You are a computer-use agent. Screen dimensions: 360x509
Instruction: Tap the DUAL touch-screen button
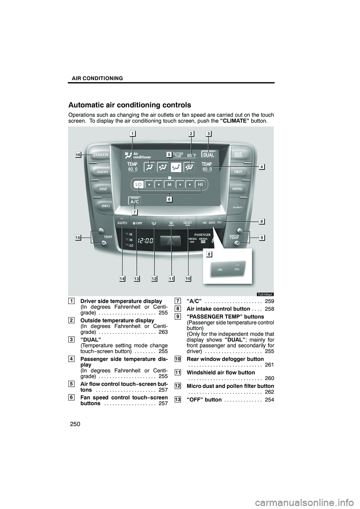tap(208, 155)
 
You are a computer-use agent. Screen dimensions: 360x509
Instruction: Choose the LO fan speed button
tap(139, 184)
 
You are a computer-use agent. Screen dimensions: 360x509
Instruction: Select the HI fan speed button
tap(200, 184)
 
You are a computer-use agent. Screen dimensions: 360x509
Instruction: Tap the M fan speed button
tap(169, 184)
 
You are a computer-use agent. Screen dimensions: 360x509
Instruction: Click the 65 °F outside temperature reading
tap(192, 156)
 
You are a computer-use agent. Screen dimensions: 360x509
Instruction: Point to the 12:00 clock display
tap(145, 241)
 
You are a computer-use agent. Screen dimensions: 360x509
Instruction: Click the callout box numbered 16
tap(78, 155)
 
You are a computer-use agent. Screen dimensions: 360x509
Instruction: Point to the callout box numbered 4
tap(262, 167)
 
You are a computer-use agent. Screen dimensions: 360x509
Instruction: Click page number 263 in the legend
tap(163, 332)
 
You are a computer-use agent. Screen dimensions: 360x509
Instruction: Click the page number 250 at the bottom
tap(75, 424)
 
